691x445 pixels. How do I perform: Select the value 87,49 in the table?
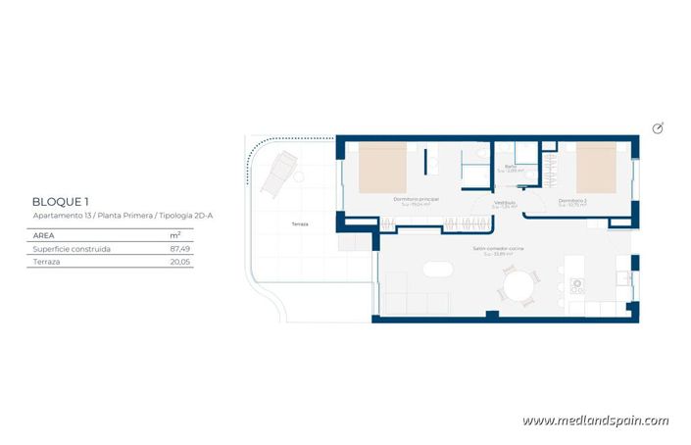179,249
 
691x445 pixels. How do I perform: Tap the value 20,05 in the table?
179,263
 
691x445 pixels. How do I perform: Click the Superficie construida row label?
72,249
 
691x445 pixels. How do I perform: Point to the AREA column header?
43,235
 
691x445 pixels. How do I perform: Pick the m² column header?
175,235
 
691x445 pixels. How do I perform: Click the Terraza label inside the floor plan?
299,224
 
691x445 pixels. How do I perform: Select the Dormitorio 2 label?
572,201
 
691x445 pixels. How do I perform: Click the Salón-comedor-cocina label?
499,250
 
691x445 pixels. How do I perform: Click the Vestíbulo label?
504,203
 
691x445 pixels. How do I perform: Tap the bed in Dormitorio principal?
381,167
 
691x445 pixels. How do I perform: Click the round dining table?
519,287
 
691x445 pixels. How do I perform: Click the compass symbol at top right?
658,128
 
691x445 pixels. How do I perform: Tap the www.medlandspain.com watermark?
595,420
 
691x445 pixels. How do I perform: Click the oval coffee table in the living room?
432,271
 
